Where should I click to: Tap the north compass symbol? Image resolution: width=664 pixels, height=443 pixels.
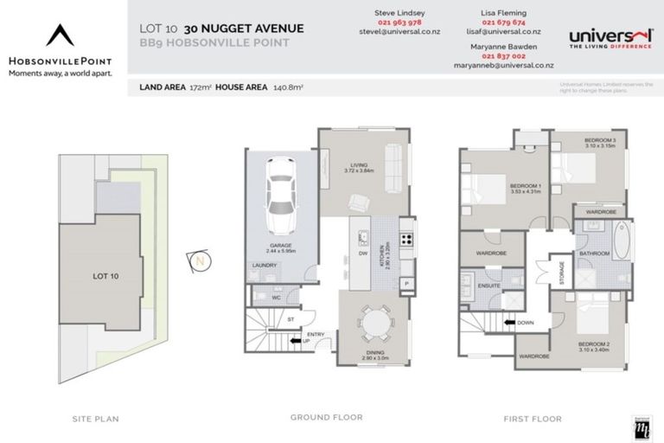coord(201,259)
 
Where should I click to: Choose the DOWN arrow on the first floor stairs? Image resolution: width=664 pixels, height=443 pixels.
coord(520,324)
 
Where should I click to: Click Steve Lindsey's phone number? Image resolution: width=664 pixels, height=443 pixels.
coord(394,22)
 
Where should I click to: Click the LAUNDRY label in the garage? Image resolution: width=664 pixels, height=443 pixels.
coord(264,266)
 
